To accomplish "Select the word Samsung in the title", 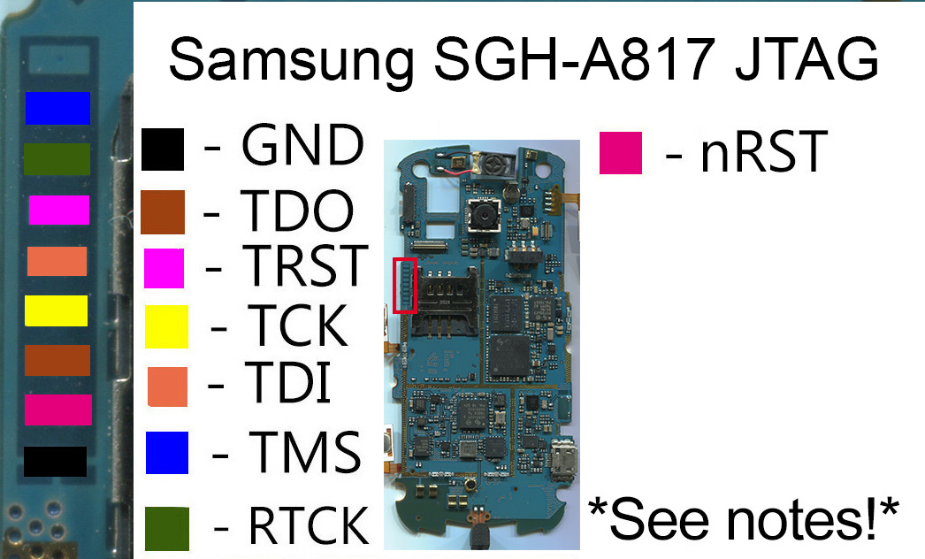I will tap(291, 59).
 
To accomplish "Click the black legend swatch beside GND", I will tap(162, 149).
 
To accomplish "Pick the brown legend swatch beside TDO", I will tap(162, 211).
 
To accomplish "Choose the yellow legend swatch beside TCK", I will tap(166, 325).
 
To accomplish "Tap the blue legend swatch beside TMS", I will tap(167, 452).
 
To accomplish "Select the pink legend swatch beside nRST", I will tap(620, 153).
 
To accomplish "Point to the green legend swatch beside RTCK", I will tap(167, 528).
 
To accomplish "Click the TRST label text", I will tap(306, 264).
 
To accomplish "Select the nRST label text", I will tap(763, 153).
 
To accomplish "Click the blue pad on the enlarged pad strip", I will tap(57, 108).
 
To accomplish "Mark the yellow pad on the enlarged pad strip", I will tap(56, 310).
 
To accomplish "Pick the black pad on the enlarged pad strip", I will tap(55, 462).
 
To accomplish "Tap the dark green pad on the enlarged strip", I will tap(57, 158).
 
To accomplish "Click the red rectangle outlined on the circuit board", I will tap(404, 286).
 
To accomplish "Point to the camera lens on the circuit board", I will tap(483, 215).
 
